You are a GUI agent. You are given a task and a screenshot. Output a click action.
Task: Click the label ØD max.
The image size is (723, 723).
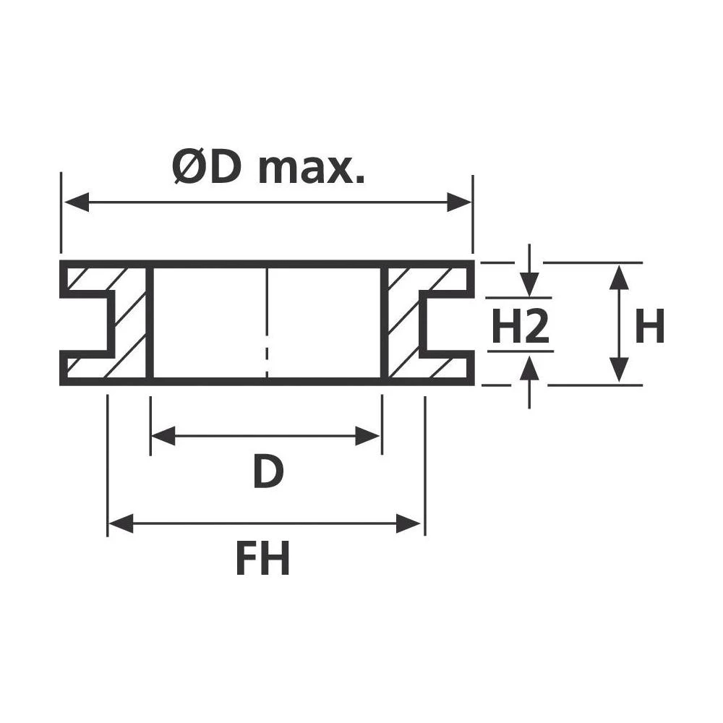268,167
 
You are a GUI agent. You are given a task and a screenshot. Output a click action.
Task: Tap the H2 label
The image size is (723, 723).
521,327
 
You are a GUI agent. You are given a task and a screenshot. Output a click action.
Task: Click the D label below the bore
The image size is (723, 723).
268,473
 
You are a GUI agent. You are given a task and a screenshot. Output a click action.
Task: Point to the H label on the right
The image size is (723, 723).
649,327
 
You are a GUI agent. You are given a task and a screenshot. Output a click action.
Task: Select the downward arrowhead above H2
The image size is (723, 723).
530,285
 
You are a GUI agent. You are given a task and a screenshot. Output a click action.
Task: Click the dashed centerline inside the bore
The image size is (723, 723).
268,318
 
